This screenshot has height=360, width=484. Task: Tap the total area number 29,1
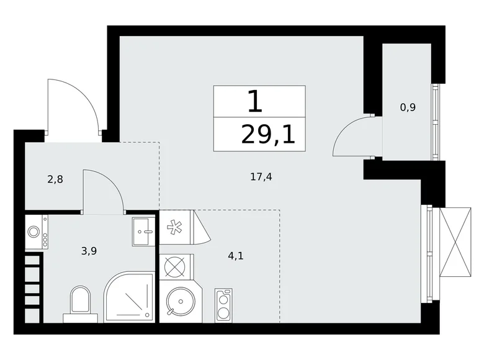(268, 134)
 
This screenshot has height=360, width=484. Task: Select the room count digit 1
(254, 101)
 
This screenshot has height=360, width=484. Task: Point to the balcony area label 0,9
(408, 107)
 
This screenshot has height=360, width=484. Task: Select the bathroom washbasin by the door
(144, 231)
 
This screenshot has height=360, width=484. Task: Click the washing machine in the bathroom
(34, 232)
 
